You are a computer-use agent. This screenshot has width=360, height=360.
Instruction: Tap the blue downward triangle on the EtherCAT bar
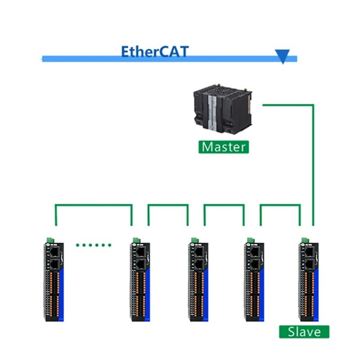coord(283,57)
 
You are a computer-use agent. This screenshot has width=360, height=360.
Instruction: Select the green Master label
coord(224,147)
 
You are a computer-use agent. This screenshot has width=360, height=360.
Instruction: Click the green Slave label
coord(304,332)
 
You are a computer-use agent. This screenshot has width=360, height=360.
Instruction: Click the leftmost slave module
coord(54,281)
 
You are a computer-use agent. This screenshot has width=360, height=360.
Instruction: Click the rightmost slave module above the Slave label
coord(309,281)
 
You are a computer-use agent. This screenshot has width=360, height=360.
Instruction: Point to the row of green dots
coord(94,245)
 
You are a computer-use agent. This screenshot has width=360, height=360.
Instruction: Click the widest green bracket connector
coord(94,206)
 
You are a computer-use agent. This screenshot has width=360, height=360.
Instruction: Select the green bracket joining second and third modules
coord(168,206)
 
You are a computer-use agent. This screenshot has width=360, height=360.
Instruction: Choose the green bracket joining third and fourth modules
coord(224,206)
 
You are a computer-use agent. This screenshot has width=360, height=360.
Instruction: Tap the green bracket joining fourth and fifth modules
coord(280,206)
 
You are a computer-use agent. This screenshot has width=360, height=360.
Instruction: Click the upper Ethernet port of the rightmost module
coord(310,252)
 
